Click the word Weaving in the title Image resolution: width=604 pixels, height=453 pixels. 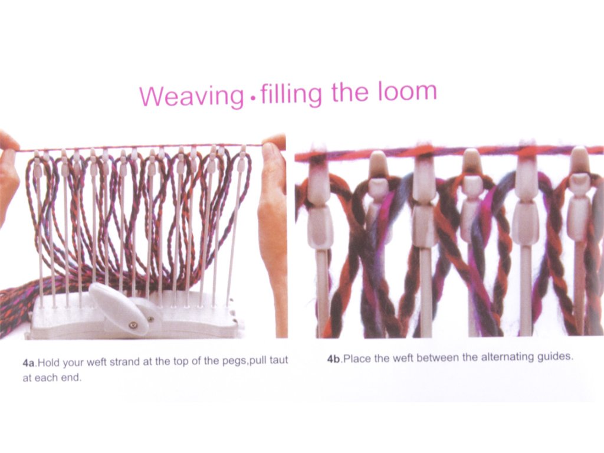tap(192, 96)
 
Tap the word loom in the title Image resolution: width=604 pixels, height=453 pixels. tap(407, 91)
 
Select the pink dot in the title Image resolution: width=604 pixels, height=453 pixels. tap(252, 99)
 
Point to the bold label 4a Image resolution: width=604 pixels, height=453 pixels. tap(28, 363)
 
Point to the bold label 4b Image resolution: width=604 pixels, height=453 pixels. tap(334, 359)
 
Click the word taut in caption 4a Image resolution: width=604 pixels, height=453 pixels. tap(279, 360)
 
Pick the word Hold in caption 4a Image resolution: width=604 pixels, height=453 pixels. tap(50, 363)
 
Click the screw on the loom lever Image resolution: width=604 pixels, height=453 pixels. tap(133, 326)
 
